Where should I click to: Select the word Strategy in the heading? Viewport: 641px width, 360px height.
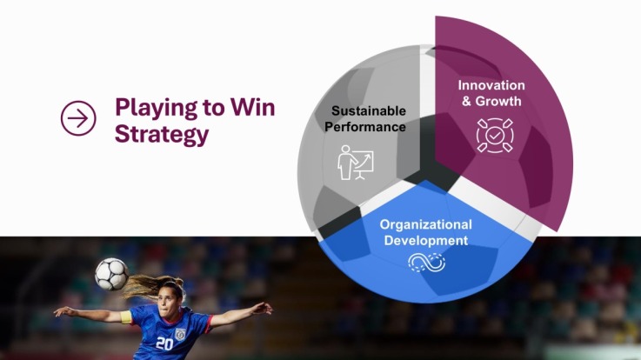[162, 134]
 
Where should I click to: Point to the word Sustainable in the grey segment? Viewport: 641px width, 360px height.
[368, 110]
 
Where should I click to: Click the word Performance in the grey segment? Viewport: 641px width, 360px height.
[367, 126]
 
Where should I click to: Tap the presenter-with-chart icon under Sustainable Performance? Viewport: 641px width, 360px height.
[355, 163]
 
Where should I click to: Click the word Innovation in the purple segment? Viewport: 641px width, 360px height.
[492, 85]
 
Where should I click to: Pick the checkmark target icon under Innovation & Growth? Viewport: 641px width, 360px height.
[494, 136]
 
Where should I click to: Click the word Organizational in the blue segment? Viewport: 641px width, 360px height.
[426, 224]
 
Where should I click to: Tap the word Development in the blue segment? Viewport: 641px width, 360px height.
[426, 240]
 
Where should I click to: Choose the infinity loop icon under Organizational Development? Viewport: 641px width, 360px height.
[426, 262]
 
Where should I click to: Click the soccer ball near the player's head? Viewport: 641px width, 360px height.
[111, 274]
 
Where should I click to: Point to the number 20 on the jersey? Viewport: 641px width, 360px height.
[164, 343]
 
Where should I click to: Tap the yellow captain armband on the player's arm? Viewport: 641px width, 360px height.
[127, 316]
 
